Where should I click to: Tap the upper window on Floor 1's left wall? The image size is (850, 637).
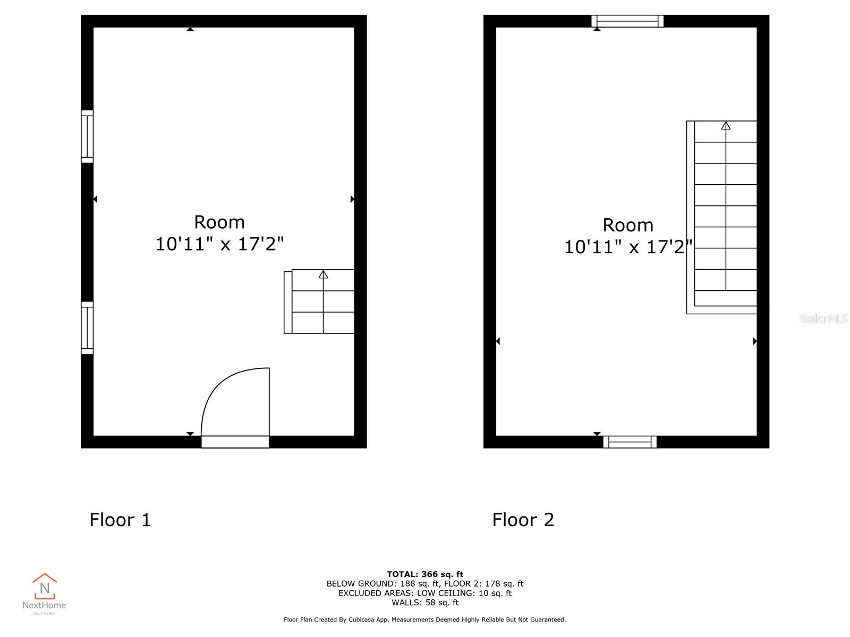pyautogui.click(x=87, y=136)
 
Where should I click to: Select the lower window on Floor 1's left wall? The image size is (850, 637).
pyautogui.click(x=87, y=328)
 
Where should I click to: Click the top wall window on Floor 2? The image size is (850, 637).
pyautogui.click(x=627, y=21)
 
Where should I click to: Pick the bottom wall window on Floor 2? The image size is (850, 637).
pyautogui.click(x=630, y=442)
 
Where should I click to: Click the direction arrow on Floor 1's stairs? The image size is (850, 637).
pyautogui.click(x=323, y=274)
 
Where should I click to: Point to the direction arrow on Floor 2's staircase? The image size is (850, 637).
pyautogui.click(x=726, y=126)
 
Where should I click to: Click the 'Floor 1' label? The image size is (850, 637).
pyautogui.click(x=121, y=520)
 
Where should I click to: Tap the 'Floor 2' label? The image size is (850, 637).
pyautogui.click(x=523, y=520)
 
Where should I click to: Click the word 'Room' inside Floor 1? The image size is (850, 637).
pyautogui.click(x=219, y=222)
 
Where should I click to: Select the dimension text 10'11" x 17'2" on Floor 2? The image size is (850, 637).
pyautogui.click(x=628, y=247)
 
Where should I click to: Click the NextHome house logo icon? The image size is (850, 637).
pyautogui.click(x=45, y=587)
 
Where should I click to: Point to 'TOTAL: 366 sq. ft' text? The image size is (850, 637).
pyautogui.click(x=425, y=574)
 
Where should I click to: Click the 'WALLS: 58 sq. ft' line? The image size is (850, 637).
pyautogui.click(x=425, y=602)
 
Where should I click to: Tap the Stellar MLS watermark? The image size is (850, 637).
pyautogui.click(x=823, y=318)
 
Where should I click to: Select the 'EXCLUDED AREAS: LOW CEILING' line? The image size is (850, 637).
pyautogui.click(x=425, y=593)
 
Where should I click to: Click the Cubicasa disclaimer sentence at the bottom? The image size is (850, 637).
pyautogui.click(x=425, y=619)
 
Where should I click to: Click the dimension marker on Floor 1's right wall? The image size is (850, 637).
pyautogui.click(x=352, y=199)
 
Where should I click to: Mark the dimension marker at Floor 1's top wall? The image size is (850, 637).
pyautogui.click(x=190, y=29)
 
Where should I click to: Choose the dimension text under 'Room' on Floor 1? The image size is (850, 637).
pyautogui.click(x=219, y=244)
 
